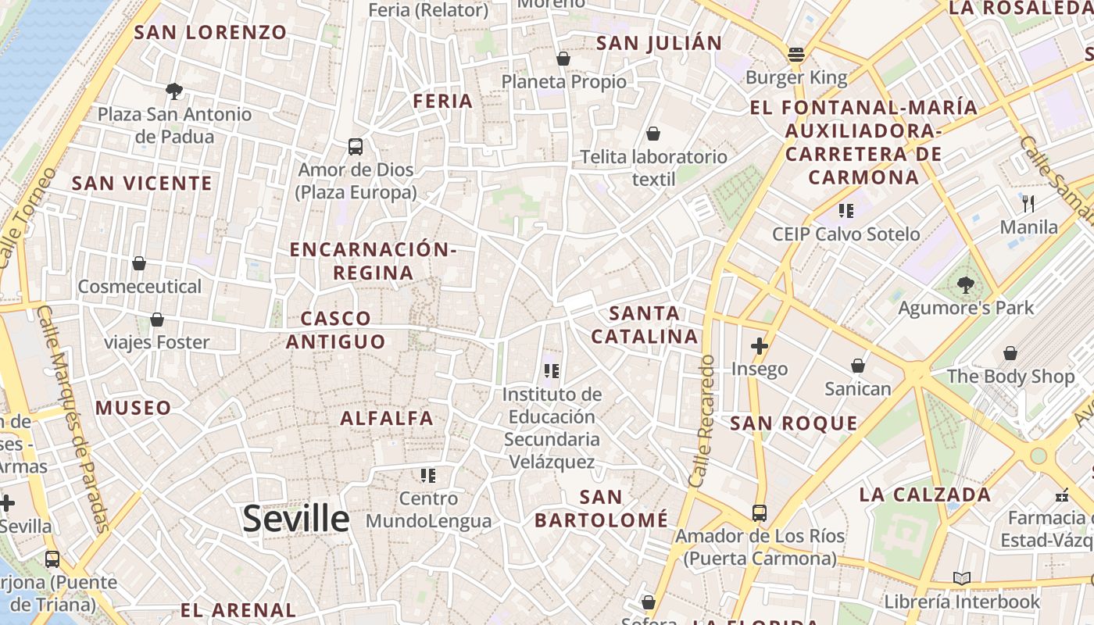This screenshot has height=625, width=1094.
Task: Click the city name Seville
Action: pos(295,519)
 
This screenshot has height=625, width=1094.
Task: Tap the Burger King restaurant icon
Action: pos(796,55)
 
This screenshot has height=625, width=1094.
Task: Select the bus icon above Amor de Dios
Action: pos(356,146)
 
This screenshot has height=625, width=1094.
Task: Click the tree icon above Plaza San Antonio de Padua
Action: pos(174,91)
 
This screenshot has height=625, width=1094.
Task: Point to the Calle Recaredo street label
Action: pos(702,422)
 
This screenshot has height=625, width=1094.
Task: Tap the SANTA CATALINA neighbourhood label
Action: pos(644,325)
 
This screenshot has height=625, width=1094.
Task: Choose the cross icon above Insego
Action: pos(759,345)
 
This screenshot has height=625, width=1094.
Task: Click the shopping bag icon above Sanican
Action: pos(858,366)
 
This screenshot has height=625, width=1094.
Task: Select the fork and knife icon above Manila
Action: pos(1028,204)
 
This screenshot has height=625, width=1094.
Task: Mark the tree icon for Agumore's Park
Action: pos(966,285)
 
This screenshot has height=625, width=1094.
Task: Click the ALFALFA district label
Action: pos(387,418)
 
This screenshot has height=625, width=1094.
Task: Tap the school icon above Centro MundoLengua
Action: pos(427,475)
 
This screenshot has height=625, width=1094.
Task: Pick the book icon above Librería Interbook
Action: pos(962,578)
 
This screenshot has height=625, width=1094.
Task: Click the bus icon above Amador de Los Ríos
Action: pos(760,512)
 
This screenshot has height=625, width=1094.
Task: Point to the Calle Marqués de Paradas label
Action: pos(73,418)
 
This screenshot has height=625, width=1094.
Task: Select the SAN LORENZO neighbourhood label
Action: pos(211,32)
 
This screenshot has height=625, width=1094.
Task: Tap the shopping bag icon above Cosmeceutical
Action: pos(139,263)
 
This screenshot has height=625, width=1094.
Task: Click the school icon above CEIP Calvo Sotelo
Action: pos(846,210)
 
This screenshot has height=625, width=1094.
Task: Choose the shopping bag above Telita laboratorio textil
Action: pos(653,134)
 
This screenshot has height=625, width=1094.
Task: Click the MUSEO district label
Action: pos(133,408)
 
